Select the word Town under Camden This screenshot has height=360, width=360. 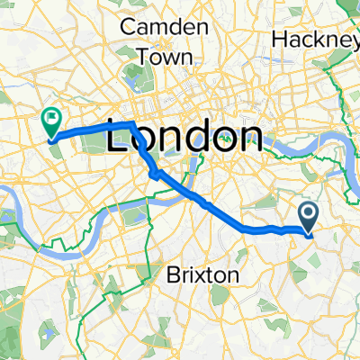[x=164, y=56]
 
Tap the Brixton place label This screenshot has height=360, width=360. [x=203, y=274]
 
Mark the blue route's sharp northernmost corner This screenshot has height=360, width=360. [x=133, y=121]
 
